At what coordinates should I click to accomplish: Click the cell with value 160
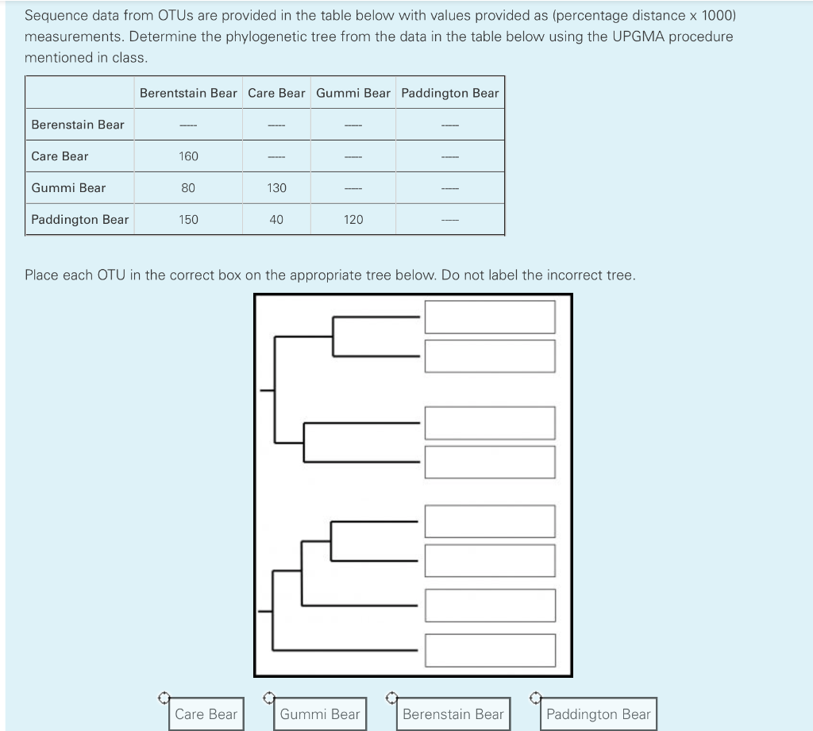click(x=188, y=156)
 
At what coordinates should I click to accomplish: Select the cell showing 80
click(x=188, y=188)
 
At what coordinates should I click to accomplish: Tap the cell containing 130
click(x=276, y=188)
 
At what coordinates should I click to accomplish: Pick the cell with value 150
click(x=188, y=220)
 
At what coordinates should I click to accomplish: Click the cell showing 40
click(x=276, y=220)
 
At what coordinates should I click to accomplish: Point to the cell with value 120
click(x=353, y=220)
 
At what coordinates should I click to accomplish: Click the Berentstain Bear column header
click(x=188, y=93)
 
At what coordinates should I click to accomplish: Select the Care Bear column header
click(x=276, y=93)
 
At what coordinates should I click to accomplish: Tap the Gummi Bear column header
click(x=353, y=93)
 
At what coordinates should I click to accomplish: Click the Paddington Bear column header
click(x=450, y=93)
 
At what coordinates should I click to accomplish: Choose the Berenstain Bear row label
click(x=78, y=125)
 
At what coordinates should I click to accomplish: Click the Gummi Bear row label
click(x=68, y=188)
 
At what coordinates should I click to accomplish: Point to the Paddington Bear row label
click(x=79, y=220)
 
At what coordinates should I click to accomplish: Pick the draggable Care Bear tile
click(x=206, y=714)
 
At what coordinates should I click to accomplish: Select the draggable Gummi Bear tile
click(x=320, y=714)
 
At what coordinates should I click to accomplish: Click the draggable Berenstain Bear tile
click(x=453, y=714)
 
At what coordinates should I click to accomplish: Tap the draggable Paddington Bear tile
click(x=598, y=714)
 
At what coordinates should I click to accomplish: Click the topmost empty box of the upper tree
click(x=489, y=317)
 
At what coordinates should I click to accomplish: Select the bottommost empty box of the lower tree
click(x=489, y=650)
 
